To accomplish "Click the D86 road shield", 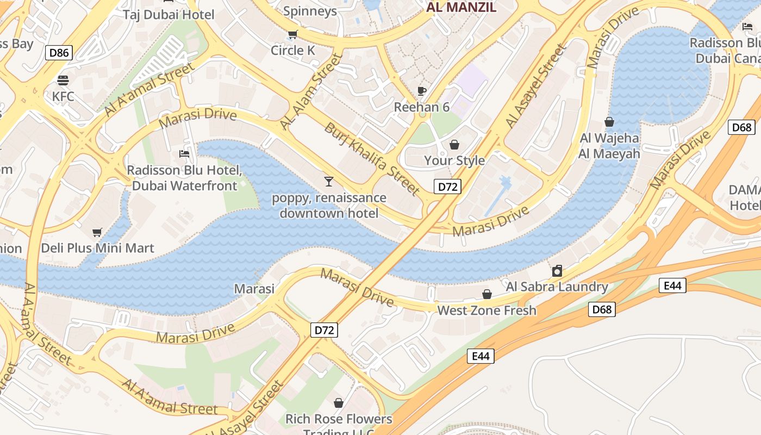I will coord(59,53).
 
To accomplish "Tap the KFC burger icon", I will coord(63,80).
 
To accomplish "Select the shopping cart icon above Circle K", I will coord(292,35).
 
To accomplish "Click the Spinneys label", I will coord(310,11).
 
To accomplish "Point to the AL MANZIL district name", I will coord(461,7).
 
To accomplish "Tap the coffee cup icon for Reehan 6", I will coord(422,91).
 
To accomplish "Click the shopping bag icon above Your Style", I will coord(454,145).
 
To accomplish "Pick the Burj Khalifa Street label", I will coord(372,159).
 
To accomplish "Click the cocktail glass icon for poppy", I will coord(328,181).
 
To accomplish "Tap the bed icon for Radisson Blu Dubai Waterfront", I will coord(184,154).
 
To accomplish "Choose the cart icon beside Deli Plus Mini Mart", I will coord(97,233).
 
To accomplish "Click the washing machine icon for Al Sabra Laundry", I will coord(557,271).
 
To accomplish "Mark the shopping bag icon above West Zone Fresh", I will coord(487,294).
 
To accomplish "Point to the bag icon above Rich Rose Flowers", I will coord(339,403).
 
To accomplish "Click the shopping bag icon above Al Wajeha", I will coord(609,122).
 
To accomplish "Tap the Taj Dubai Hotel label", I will coord(169,15).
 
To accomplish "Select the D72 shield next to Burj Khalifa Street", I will coord(448,187).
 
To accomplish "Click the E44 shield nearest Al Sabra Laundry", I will coord(672,285).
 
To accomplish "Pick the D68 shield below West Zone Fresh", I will coord(602,310).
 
